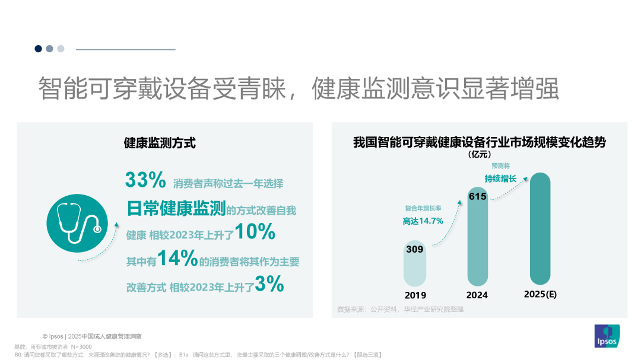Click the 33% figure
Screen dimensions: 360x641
coord(145,180)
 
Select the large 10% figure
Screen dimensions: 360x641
coord(255,232)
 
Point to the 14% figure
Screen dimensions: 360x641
coord(177,258)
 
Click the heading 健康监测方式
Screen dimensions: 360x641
coord(160,143)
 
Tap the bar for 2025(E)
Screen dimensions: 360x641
coord(540,228)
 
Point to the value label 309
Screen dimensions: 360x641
coord(415,249)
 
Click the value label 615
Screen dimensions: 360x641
coord(478,196)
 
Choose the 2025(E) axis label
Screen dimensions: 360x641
coord(540,294)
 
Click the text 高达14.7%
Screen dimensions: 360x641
coord(423,221)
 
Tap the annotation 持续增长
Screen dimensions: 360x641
coord(501,179)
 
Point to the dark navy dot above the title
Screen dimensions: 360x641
coord(39,49)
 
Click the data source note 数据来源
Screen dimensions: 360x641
coord(400,309)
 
